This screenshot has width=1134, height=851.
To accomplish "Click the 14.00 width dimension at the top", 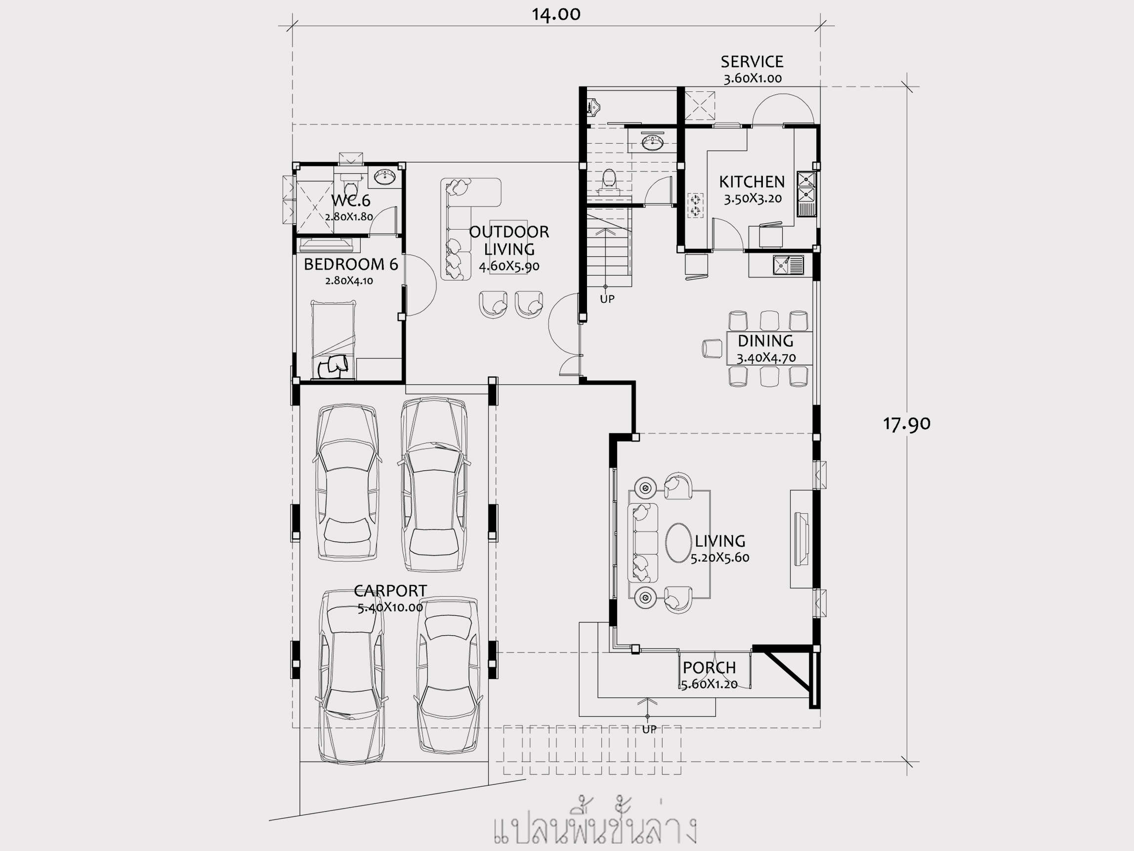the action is (556, 14).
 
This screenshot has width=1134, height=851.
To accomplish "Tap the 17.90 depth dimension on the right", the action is (906, 424).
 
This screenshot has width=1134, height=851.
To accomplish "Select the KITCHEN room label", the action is (752, 182).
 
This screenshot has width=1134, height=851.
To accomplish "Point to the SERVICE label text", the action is (752, 62).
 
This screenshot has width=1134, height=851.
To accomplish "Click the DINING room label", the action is (765, 341).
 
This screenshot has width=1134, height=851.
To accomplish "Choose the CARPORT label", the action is (390, 591).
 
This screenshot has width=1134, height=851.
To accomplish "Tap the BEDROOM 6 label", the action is (351, 264).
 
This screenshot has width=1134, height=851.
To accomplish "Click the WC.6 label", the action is (351, 201).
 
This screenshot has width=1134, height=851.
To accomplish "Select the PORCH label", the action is (709, 668).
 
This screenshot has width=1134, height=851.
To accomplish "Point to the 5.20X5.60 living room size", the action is (720, 558).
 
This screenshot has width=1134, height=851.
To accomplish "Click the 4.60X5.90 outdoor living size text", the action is (509, 267).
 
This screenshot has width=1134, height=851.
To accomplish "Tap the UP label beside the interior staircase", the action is (607, 299).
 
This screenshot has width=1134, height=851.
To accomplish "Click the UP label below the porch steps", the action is (649, 729).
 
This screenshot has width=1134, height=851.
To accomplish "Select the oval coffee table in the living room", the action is (679, 543).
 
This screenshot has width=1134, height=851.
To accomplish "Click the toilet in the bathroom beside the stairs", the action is (609, 182).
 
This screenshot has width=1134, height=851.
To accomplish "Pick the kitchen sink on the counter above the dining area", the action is (789, 265).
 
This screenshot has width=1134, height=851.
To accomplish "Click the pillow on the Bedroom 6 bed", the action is (333, 366).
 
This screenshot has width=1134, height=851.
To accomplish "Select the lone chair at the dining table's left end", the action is (712, 349).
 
